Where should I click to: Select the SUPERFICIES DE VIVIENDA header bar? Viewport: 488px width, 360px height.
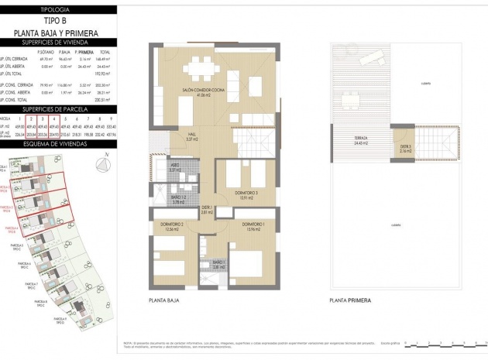(59, 42)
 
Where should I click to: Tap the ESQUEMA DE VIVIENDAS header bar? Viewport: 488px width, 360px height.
(59, 144)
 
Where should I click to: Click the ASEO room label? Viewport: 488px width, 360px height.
(175, 168)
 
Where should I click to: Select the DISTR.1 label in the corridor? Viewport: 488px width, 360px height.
(207, 208)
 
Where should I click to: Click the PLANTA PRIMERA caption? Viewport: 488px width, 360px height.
(350, 300)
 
